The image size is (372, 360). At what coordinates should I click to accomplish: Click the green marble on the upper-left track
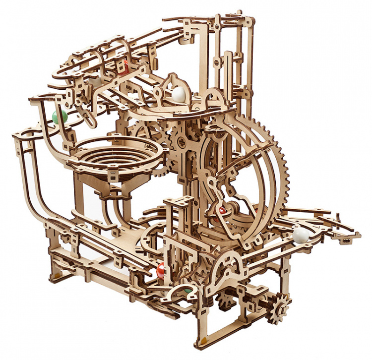[60, 117]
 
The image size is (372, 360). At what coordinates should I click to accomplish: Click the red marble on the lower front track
[161, 271]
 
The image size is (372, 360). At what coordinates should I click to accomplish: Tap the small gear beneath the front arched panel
[227, 299]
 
